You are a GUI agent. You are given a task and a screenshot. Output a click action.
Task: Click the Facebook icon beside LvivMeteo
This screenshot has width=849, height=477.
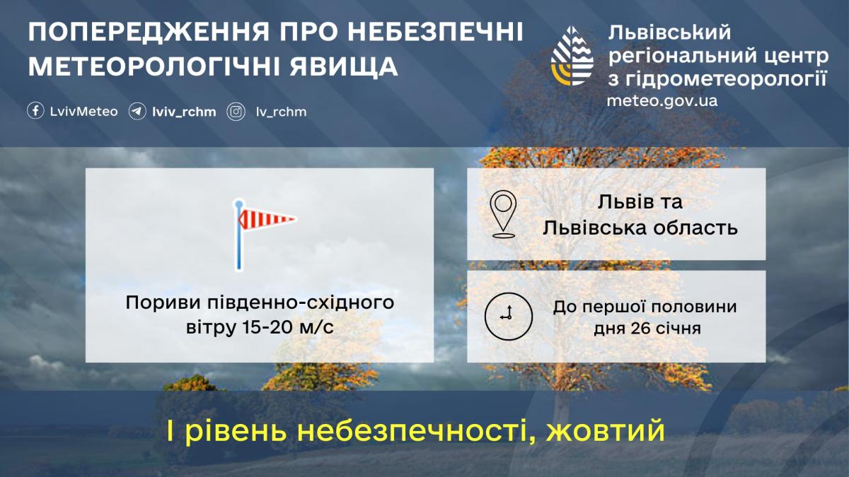[x=35, y=112]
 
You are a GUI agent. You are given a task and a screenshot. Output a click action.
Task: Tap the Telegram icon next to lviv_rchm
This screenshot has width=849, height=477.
[x=137, y=112]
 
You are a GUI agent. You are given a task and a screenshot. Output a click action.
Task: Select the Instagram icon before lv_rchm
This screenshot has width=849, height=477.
[x=236, y=112]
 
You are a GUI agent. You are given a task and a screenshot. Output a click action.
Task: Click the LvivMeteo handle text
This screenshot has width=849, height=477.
[x=84, y=112]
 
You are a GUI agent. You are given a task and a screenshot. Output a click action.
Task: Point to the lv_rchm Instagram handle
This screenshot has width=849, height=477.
[x=281, y=112]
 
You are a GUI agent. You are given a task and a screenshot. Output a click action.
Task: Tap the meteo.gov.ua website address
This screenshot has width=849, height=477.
[x=662, y=100]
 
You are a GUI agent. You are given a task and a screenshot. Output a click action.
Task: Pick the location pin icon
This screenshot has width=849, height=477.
[x=503, y=213]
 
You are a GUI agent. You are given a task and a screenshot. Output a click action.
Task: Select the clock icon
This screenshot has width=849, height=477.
[x=507, y=316]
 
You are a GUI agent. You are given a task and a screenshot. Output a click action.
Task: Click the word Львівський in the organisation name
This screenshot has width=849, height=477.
[x=669, y=32]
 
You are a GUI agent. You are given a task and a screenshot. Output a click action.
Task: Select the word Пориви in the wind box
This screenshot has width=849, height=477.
[x=153, y=303]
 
